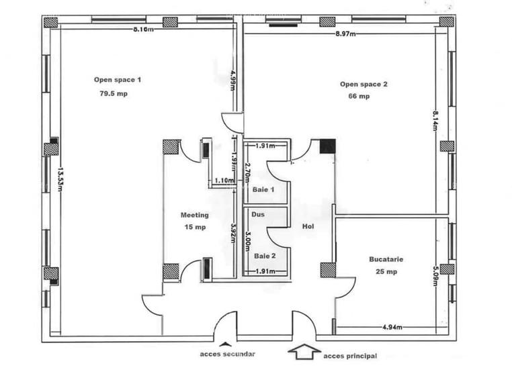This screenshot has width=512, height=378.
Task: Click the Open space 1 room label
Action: [x=118, y=79]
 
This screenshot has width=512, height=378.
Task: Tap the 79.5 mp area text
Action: [x=113, y=94]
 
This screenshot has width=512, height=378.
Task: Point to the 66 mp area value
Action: [x=359, y=97]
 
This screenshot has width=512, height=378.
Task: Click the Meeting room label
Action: [x=194, y=216]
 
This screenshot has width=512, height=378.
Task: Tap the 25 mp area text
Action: [x=386, y=271]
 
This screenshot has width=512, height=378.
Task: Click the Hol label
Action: [x=308, y=226]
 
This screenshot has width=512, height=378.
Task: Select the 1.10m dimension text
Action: [x=224, y=181]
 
